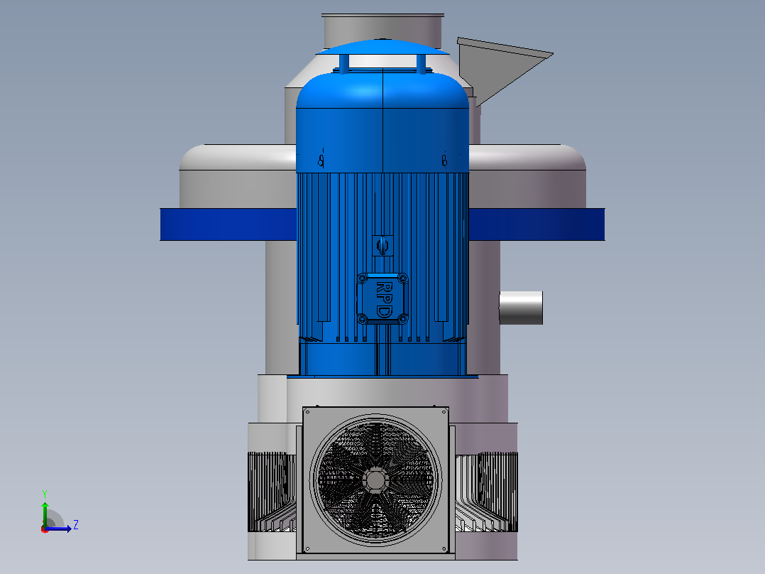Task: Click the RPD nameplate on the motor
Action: (x=382, y=298)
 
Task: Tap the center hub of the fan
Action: (x=375, y=480)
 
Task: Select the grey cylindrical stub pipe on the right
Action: (x=521, y=308)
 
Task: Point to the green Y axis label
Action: (x=45, y=494)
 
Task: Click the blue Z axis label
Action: (x=76, y=525)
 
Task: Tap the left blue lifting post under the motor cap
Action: (x=344, y=63)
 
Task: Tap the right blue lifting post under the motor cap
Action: (x=421, y=63)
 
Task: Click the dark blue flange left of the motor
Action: (x=229, y=224)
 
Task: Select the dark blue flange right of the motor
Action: (x=536, y=224)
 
